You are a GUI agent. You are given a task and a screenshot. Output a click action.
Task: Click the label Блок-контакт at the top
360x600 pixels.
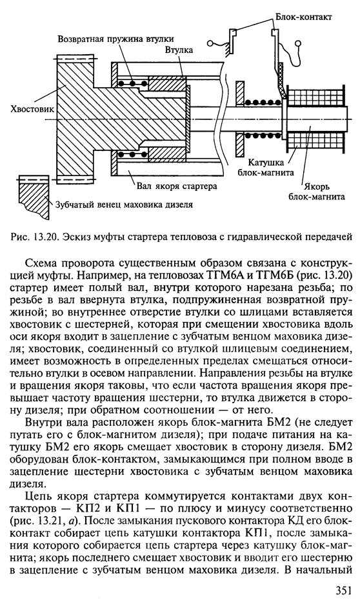pos(303,17)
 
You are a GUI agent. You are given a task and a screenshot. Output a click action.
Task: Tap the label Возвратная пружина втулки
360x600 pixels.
pos(116,39)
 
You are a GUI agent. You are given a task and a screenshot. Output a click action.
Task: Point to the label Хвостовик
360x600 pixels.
pos(32,109)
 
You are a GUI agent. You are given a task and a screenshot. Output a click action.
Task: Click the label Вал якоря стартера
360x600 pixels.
pos(177,186)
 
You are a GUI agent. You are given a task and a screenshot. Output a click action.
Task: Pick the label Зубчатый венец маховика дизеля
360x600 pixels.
pos(124,205)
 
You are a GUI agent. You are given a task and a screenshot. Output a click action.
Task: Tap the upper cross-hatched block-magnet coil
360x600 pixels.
pos(314,96)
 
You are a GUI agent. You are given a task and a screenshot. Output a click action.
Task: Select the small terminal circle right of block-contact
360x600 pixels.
pos(299,43)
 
